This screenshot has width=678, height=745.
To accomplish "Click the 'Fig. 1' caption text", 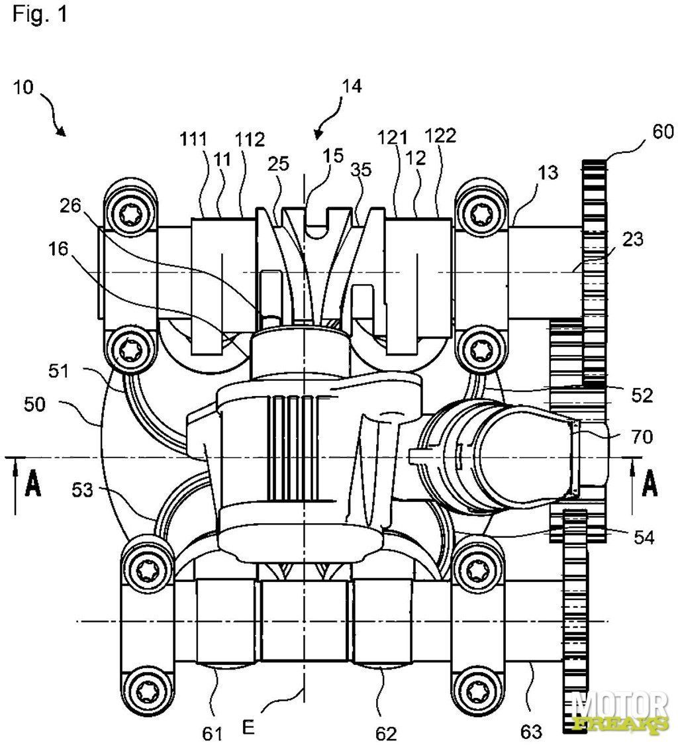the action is [40, 14].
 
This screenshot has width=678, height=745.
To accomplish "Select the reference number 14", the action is [351, 86].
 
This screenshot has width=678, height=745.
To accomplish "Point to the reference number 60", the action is [663, 131].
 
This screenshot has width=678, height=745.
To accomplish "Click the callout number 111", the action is [194, 140].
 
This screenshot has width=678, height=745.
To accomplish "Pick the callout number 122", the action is [442, 136].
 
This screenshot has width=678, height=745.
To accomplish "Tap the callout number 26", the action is [70, 206].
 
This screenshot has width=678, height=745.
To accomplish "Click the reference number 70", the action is [642, 436].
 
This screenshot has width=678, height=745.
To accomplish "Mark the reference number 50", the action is [34, 405].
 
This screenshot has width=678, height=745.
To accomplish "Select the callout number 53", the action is [83, 489].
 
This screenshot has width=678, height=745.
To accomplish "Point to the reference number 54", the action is [644, 537].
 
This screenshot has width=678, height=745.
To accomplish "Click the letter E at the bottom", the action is [248, 726].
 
